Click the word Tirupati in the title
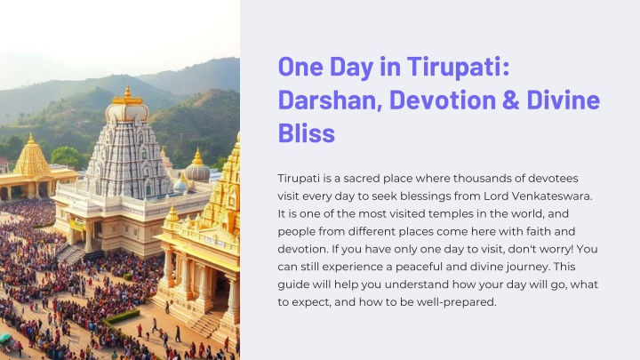pos(459,67)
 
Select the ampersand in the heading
pos(510,100)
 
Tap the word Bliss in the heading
pos(307,133)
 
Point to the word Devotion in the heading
pos(443,100)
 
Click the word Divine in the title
pos(564,100)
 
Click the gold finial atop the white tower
pos(128,95)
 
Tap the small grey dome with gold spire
pos(197,168)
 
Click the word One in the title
pos(300,67)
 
